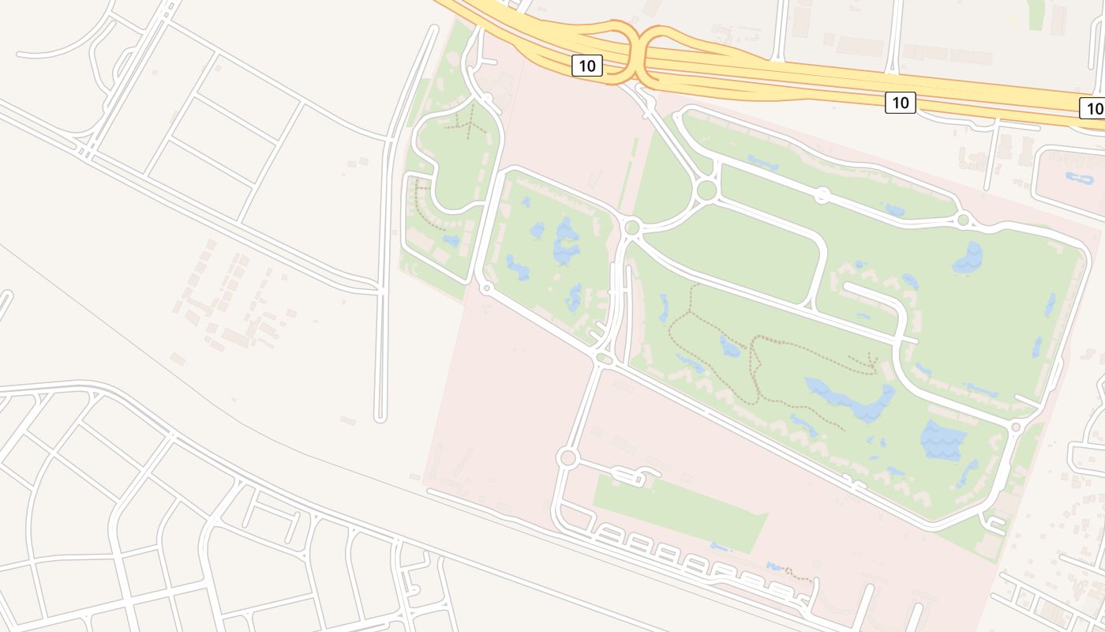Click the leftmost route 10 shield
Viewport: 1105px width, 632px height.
[x=586, y=66]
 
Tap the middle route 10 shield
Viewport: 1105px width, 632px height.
[x=900, y=102]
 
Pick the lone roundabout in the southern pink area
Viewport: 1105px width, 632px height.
[x=567, y=457]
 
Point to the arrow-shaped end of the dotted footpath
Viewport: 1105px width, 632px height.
[x=871, y=364]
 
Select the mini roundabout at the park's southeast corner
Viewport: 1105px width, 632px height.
[x=1016, y=427]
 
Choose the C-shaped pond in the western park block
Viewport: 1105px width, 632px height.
[x=566, y=243]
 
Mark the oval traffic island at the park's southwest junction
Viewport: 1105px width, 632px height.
[x=605, y=360]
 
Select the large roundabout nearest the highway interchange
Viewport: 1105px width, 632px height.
[x=706, y=190]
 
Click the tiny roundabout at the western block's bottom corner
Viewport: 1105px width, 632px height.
[x=486, y=288]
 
